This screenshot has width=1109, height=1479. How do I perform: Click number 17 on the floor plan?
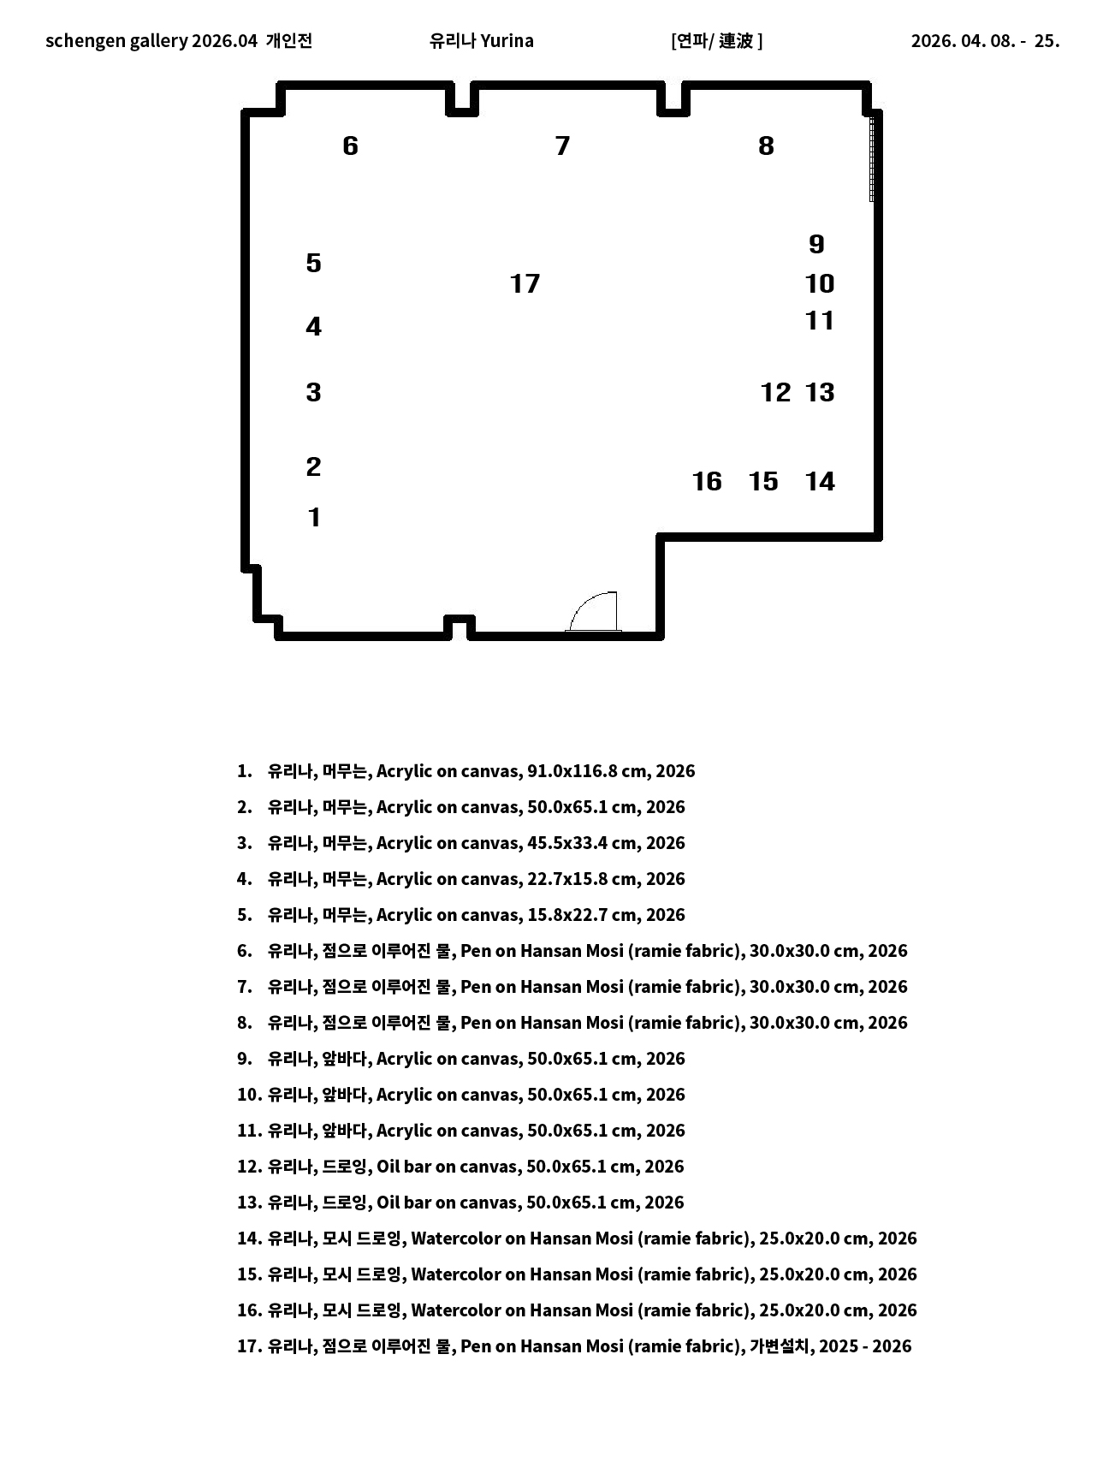tap(525, 284)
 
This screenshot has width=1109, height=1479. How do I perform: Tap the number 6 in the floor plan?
tap(350, 146)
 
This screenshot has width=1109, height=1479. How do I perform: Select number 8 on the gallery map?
tap(766, 146)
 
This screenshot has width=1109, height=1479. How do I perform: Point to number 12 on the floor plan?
tap(775, 393)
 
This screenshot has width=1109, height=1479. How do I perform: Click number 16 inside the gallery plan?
tap(707, 482)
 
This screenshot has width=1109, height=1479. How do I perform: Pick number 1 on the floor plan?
tap(314, 518)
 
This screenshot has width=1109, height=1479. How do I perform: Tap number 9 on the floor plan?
tap(816, 245)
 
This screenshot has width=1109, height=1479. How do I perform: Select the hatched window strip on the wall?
tap(872, 158)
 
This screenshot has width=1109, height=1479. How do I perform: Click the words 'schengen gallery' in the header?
tap(116, 41)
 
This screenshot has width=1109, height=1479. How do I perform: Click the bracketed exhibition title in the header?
tap(717, 41)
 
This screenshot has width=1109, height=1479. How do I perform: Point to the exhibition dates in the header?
tap(985, 41)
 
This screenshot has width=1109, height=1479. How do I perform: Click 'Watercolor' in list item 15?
tap(456, 1274)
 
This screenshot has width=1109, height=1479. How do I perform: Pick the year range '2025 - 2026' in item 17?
tap(865, 1346)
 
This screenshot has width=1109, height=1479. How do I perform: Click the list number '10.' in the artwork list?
tap(249, 1095)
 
